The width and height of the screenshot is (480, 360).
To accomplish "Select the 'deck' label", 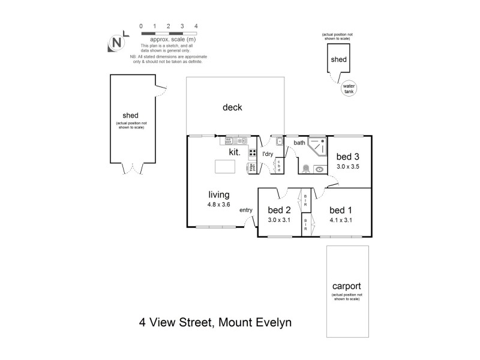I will pyautogui.click(x=232, y=108).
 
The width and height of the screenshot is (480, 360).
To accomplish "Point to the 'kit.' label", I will pyautogui.click(x=234, y=152).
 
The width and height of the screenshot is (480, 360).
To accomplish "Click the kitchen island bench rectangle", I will pyautogui.click(x=224, y=166).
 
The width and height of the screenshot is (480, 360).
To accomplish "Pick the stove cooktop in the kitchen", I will pyautogui.click(x=253, y=153).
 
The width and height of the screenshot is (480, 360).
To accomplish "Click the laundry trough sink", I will pyautogui.click(x=280, y=142).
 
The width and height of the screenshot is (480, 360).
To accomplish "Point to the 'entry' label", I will pyautogui.click(x=246, y=210).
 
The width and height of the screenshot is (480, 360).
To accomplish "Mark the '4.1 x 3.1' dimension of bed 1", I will pyautogui.click(x=340, y=220).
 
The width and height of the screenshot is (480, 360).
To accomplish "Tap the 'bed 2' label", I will pyautogui.click(x=279, y=210).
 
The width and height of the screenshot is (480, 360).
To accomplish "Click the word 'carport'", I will pyautogui.click(x=345, y=287).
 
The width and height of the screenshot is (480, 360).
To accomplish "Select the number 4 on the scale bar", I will pyautogui.click(x=196, y=26).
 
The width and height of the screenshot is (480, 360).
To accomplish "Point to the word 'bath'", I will pyautogui.click(x=299, y=143).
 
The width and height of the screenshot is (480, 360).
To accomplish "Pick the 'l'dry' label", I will pyautogui.click(x=268, y=154).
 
